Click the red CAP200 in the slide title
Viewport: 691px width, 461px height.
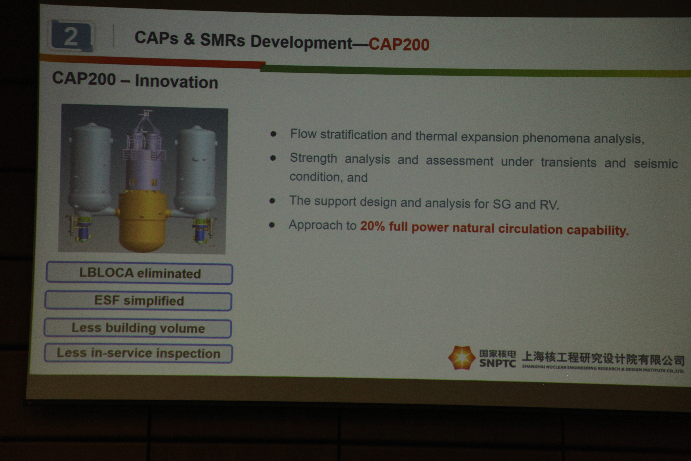pos(399,44)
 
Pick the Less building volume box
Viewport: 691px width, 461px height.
pos(138,328)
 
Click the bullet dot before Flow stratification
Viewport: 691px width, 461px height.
pos(273,134)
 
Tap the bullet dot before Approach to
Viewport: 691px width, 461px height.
pos(272,225)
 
